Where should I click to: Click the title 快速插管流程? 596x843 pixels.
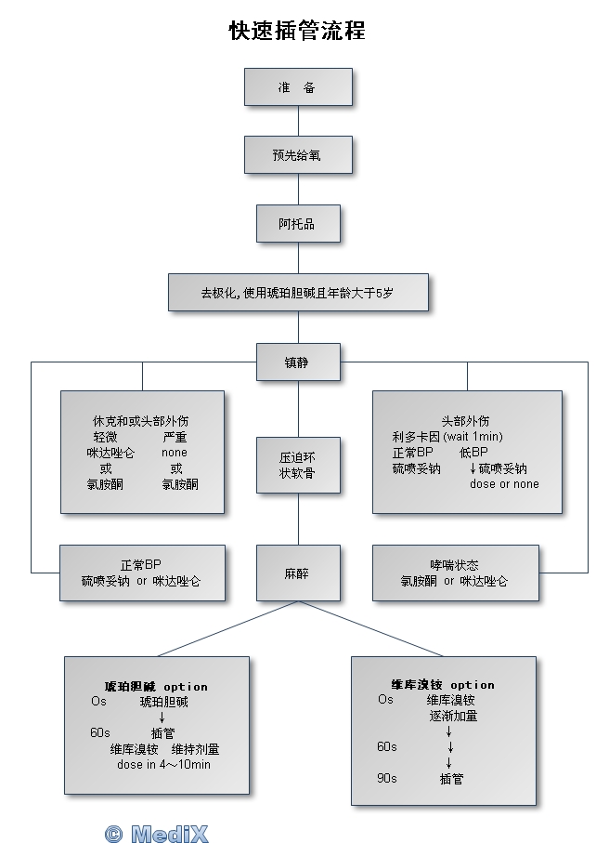tap(297, 31)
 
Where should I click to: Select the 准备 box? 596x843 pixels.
tap(298, 87)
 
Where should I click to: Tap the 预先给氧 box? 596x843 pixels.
tap(298, 155)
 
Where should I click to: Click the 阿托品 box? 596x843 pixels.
tap(298, 224)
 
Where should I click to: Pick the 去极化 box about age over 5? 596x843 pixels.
tap(298, 292)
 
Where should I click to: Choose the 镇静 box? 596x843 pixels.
tap(298, 362)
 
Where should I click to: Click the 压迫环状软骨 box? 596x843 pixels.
tap(298, 466)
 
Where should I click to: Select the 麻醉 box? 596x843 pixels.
tap(298, 573)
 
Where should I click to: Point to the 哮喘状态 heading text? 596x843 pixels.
tap(454, 565)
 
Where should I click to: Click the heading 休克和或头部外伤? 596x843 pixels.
tap(141, 421)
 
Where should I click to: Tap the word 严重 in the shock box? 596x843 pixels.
tap(175, 437)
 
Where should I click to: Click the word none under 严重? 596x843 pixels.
tap(175, 453)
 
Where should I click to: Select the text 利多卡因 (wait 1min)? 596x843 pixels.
tap(441, 437)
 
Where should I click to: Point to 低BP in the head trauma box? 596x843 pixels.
tap(474, 453)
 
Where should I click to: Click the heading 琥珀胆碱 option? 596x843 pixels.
tap(156, 687)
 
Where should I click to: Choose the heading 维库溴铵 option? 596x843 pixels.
tap(443, 685)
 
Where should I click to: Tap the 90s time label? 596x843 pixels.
tap(387, 779)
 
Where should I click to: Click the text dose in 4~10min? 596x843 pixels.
tap(164, 765)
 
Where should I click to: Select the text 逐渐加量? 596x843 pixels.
tap(453, 716)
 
